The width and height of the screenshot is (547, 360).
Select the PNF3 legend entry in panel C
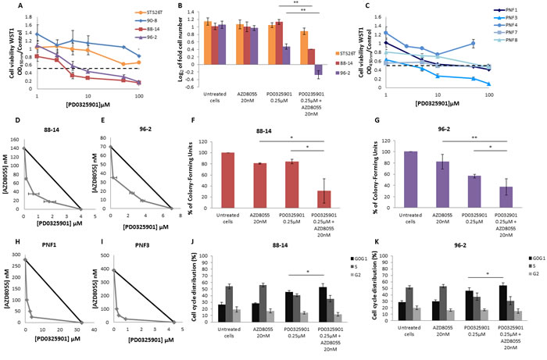point(510,19)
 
